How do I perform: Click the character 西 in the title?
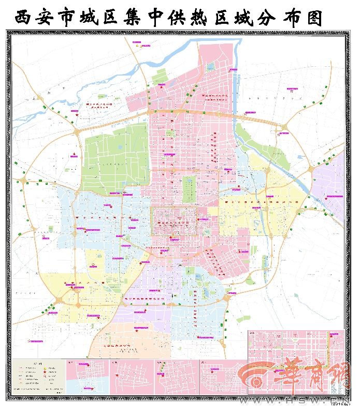click(x=24, y=18)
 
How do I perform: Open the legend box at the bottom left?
click(x=39, y=377)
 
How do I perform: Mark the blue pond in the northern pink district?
click(x=211, y=66)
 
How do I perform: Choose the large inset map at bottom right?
click(x=296, y=362)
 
